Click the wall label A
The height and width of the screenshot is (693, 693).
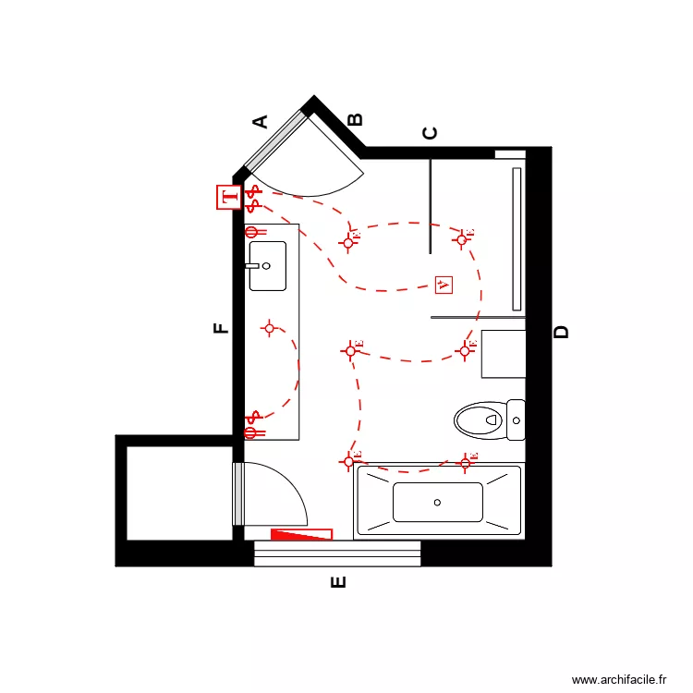coord(261,121)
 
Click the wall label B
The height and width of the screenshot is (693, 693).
coord(355,119)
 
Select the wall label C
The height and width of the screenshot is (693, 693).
coord(430,133)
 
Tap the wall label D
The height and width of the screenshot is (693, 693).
coord(561,333)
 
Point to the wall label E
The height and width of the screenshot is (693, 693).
coord(338,582)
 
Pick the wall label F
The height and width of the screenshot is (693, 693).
coord(221,328)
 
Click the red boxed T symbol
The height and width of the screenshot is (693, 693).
coord(228,197)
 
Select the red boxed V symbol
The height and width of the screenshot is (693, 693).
coord(444,285)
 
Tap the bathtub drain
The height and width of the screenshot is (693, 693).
coord(437,503)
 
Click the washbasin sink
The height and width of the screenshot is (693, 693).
coord(268,265)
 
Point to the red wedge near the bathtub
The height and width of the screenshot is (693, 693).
coord(301,533)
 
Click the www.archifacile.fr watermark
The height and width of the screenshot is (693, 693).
coord(618,679)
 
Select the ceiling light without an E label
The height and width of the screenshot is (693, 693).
coord(270,328)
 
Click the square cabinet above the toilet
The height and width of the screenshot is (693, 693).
coord(503,354)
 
